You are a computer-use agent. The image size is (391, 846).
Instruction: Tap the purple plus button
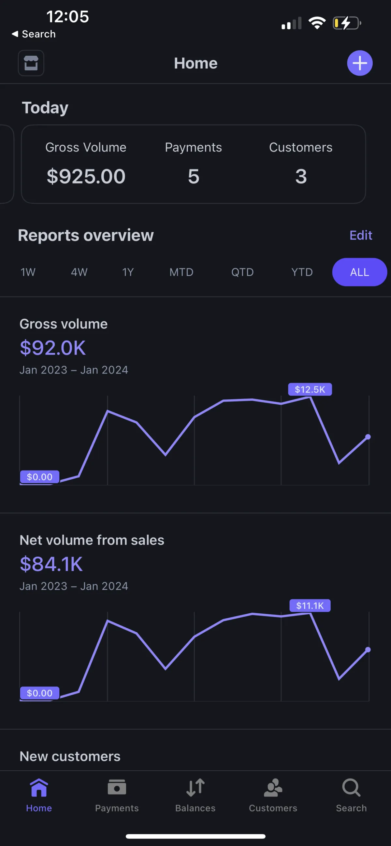359,63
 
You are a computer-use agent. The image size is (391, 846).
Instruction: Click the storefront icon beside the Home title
31,63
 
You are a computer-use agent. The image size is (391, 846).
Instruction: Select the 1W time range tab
28,272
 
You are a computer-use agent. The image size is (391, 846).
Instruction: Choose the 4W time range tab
79,272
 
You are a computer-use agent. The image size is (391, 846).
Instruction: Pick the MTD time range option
181,272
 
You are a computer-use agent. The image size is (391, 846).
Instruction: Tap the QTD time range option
242,272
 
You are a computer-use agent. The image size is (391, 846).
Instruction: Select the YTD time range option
302,272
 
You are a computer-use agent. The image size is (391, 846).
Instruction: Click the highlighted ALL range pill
359,272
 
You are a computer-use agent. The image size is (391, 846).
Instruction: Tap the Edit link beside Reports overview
361,235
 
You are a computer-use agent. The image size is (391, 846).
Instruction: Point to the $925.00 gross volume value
86,176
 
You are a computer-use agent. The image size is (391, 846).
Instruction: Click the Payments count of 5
193,176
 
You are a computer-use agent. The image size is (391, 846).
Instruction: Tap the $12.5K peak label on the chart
310,389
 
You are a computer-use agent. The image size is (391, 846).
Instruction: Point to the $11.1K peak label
310,605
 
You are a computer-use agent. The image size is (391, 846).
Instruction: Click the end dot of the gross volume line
368,437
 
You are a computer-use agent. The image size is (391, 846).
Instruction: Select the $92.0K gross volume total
53,348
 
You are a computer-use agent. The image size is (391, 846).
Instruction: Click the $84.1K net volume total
51,564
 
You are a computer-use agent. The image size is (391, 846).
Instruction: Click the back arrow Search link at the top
34,34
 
